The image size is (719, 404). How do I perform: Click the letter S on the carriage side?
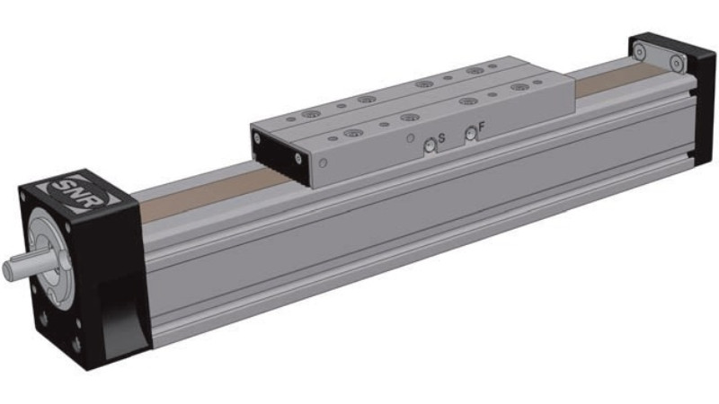[441, 137]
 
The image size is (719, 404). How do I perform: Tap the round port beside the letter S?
[430, 145]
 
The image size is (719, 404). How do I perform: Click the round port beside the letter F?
[470, 134]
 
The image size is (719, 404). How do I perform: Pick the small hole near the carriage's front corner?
[323, 162]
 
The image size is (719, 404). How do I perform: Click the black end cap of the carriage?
[279, 154]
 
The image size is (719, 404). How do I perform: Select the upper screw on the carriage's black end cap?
[257, 138]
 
